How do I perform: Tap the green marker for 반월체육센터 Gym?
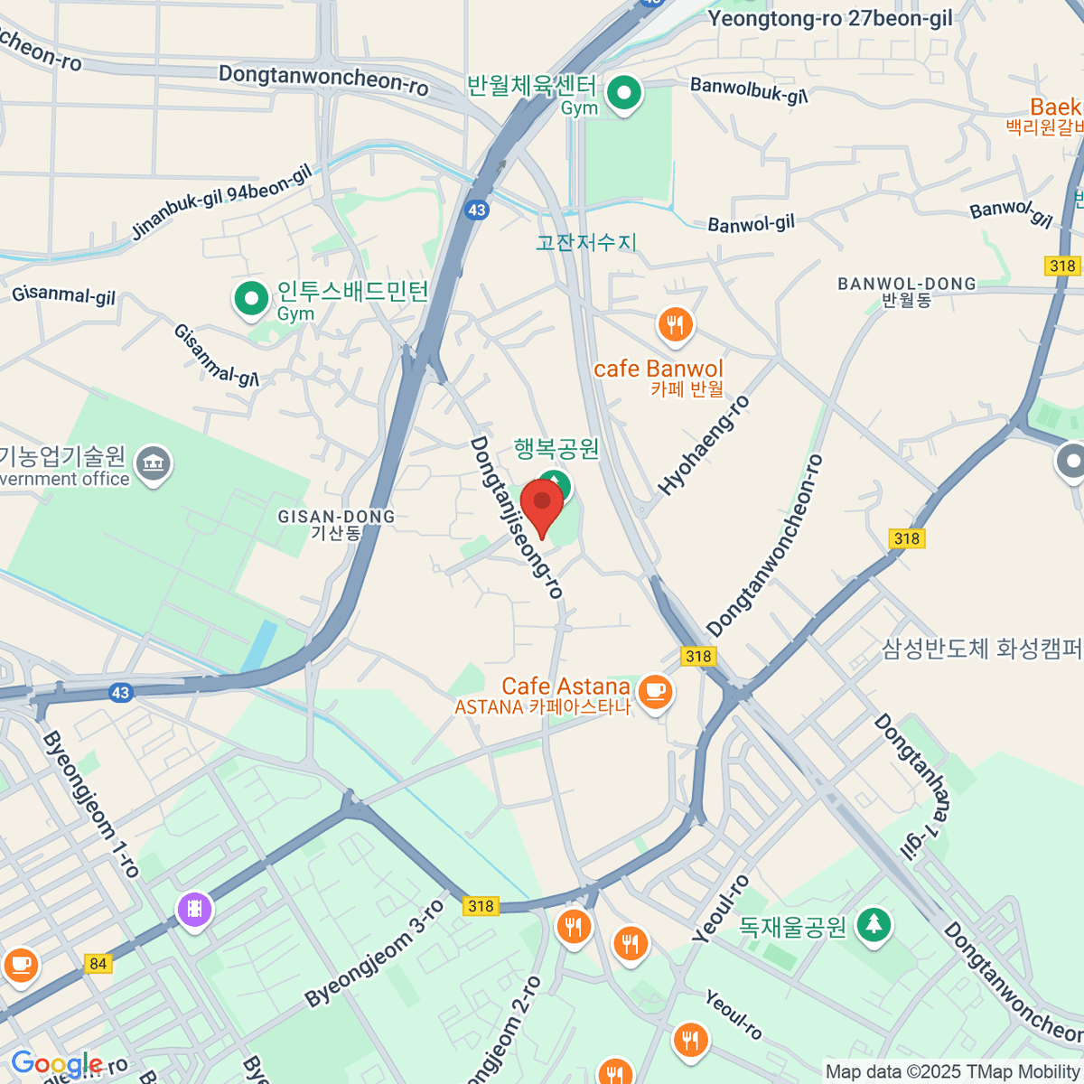(623, 93)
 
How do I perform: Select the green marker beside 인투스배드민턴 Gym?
(251, 297)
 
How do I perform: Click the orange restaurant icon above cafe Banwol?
(675, 324)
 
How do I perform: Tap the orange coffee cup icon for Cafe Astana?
(655, 692)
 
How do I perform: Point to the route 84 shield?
(98, 964)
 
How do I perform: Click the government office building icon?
(153, 465)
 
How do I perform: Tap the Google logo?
(56, 1064)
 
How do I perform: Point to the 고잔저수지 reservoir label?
(586, 242)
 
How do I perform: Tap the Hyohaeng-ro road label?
(704, 445)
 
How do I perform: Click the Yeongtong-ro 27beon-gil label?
(829, 19)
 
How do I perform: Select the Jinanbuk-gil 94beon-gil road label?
(221, 202)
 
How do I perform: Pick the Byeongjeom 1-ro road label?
(90, 804)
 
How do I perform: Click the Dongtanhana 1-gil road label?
(912, 786)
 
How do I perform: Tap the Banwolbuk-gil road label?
(749, 89)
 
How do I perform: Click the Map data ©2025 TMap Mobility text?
(953, 1071)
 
